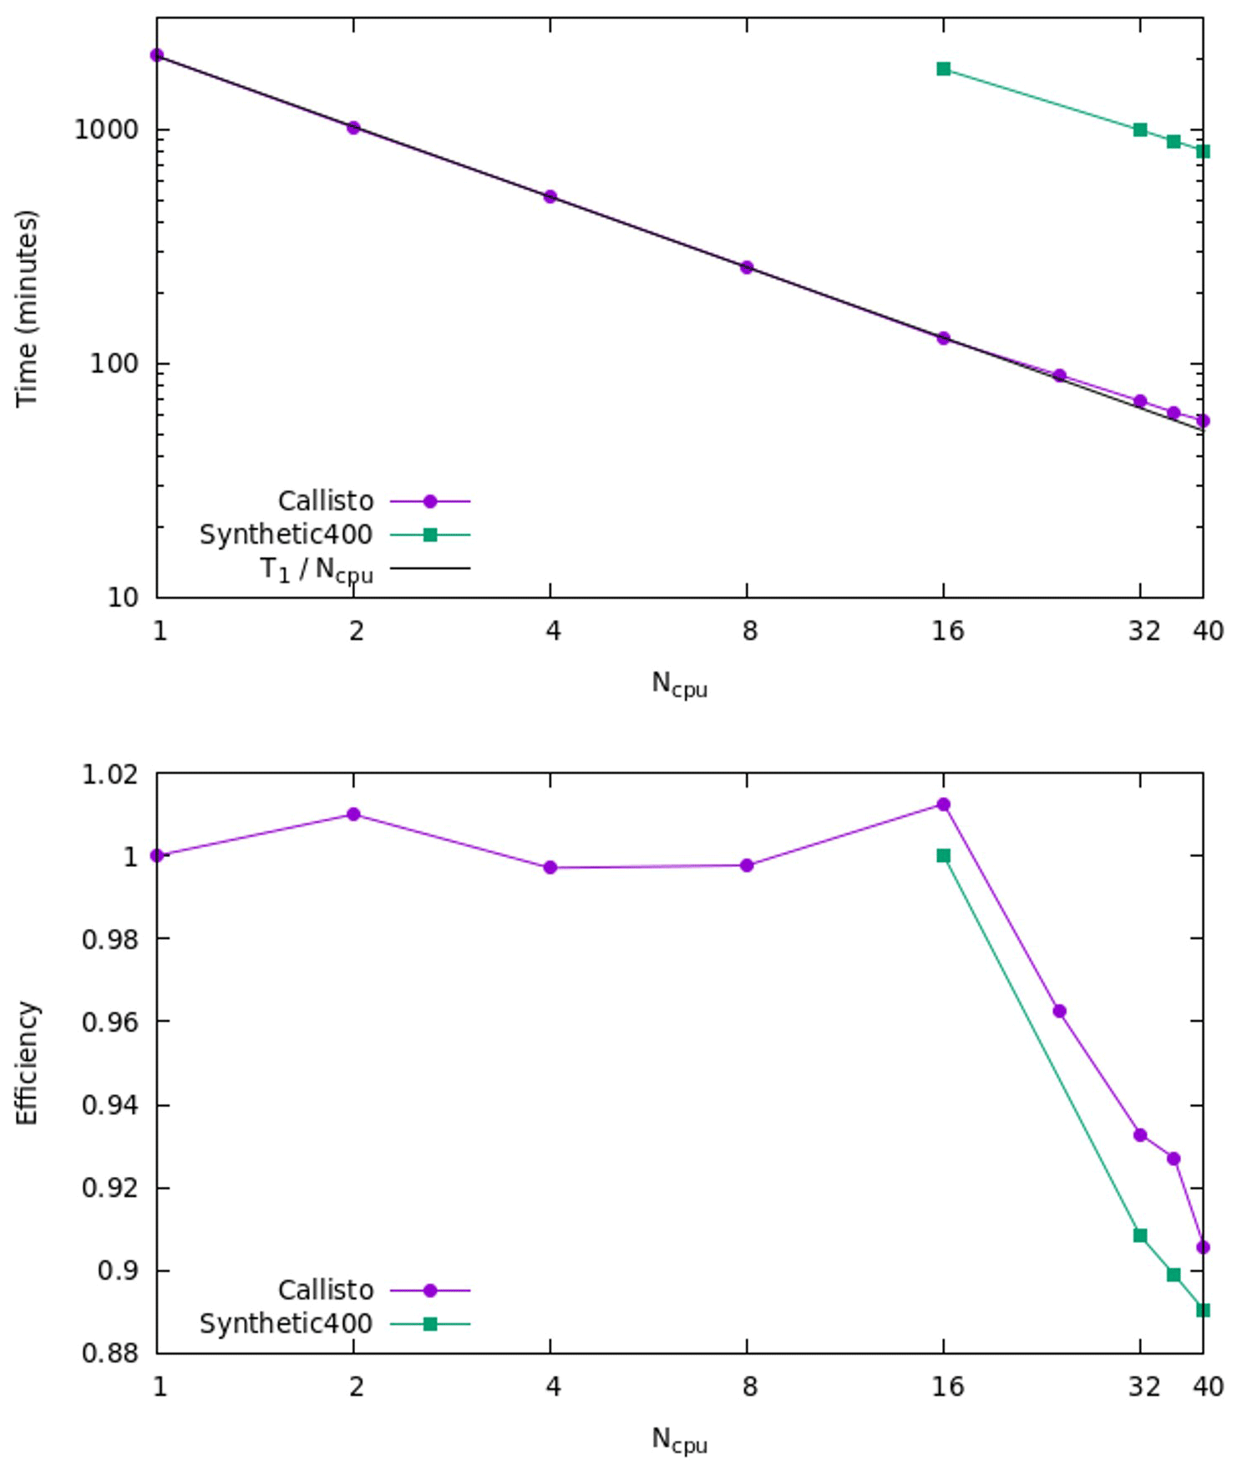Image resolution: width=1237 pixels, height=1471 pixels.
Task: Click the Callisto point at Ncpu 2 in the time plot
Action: point(353,128)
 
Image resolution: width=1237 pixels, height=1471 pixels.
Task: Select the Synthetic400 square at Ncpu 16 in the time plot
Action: point(943,69)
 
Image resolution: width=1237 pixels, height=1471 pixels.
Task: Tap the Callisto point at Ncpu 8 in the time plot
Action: point(747,267)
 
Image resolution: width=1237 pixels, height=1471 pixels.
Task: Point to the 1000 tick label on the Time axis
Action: point(105,130)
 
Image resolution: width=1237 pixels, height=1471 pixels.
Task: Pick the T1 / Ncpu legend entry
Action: point(317,570)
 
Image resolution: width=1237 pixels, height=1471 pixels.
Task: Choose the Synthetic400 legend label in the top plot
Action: point(286,535)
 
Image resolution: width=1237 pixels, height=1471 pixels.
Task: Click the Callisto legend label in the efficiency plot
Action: point(326,1291)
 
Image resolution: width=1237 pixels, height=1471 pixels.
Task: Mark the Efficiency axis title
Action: point(27,1063)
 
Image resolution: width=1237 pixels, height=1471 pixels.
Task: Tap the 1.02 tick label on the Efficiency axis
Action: point(109,774)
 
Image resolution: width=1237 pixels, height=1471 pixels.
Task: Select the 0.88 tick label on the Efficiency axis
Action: point(109,1352)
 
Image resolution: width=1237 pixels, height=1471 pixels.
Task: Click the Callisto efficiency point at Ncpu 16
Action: point(943,804)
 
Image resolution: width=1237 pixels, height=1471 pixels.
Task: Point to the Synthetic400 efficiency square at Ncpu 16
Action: point(943,855)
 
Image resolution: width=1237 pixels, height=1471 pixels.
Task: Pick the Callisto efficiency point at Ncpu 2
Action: point(353,814)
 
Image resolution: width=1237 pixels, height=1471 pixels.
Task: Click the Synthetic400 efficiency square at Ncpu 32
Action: point(1140,1235)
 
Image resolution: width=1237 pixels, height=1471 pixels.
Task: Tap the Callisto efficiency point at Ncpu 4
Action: point(550,867)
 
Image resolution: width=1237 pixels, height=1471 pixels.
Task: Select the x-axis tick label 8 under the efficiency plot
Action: point(749,1387)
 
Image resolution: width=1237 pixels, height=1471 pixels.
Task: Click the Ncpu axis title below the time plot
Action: point(679,685)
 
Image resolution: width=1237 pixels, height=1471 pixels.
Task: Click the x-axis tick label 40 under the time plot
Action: point(1208,631)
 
